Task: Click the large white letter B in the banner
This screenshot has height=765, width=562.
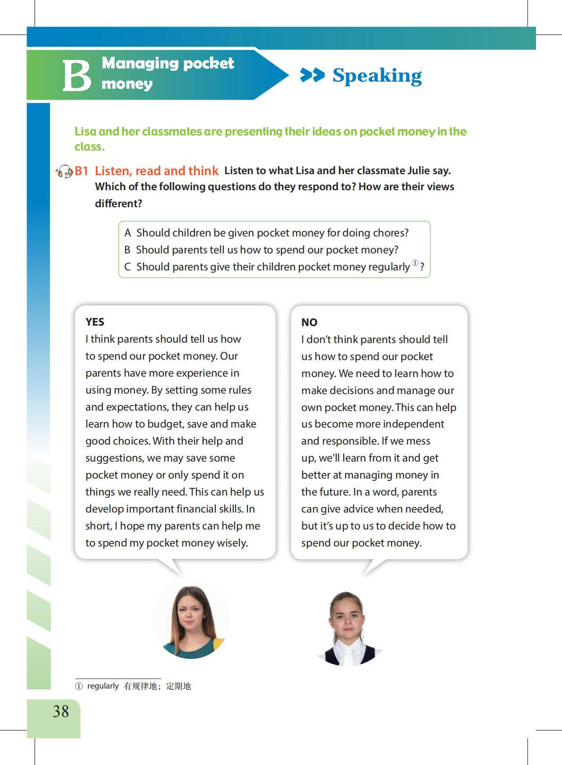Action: (77, 76)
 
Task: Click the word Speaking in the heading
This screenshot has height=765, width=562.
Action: (377, 76)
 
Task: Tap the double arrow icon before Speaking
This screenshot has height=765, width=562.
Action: (312, 75)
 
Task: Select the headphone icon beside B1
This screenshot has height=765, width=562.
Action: (64, 171)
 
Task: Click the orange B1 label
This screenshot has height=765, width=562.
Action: (82, 171)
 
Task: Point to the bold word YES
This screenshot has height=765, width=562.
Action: (95, 322)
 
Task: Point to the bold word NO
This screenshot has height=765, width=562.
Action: (309, 322)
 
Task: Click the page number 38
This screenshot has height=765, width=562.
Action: (61, 711)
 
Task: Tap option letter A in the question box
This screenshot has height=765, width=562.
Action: (128, 233)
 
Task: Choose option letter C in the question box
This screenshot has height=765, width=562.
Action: (128, 267)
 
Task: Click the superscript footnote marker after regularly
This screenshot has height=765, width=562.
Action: (415, 263)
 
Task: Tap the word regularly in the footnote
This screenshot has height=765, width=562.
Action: (103, 686)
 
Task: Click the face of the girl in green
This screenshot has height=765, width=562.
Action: (190, 612)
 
